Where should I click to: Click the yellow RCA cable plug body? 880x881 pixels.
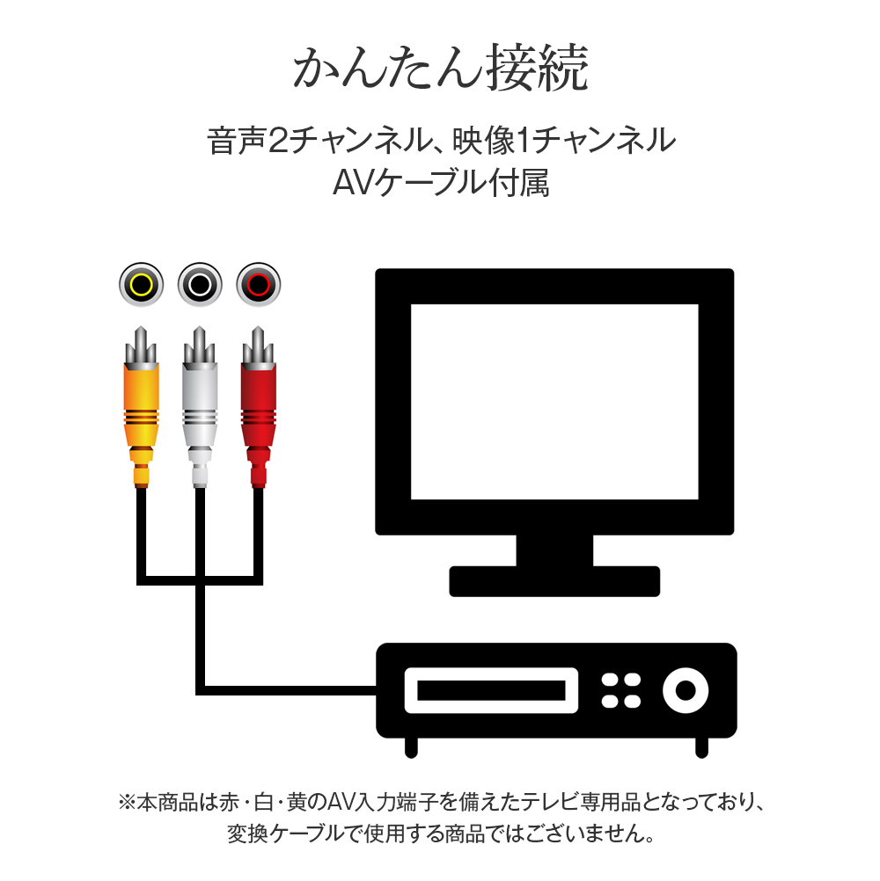pyautogui.click(x=141, y=404)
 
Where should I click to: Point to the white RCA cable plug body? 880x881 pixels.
pyautogui.click(x=200, y=404)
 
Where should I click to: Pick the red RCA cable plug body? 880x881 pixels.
pyautogui.click(x=259, y=404)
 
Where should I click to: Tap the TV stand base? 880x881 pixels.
pyautogui.click(x=554, y=580)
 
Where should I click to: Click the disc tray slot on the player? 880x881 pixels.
pyautogui.click(x=490, y=690)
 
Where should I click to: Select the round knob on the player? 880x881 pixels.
pyautogui.click(x=685, y=690)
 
